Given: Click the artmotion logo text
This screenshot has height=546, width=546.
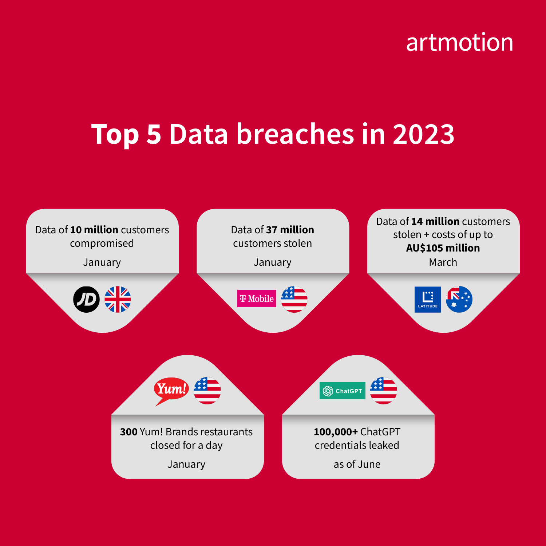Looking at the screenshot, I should click(459, 43).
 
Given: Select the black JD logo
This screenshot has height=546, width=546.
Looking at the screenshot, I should click(86, 299).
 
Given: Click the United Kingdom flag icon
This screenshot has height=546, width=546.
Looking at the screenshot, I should click(118, 299).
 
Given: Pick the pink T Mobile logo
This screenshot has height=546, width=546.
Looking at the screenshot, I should click(257, 298).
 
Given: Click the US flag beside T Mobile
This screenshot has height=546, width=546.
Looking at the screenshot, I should click(294, 299).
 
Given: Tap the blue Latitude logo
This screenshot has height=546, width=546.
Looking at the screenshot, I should click(428, 299).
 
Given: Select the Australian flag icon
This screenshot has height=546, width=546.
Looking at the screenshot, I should click(459, 299).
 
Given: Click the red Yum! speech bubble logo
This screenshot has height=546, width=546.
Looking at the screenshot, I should click(171, 389).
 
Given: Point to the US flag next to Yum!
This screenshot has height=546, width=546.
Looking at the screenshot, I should click(207, 391).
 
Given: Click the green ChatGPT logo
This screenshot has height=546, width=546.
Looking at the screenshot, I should click(342, 391).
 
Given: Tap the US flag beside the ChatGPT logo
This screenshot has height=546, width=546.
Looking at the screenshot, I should click(383, 391).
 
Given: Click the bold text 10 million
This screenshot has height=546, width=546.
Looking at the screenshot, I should click(94, 230).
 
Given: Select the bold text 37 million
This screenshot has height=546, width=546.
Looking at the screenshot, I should click(290, 230).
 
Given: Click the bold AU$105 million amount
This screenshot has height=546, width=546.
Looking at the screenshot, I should click(443, 248).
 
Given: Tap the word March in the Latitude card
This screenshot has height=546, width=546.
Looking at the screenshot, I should click(443, 262).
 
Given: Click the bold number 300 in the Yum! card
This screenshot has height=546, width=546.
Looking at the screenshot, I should click(128, 432).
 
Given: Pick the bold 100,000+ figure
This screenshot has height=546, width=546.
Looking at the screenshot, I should click(336, 432).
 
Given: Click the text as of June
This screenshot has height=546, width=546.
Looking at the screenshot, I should click(357, 464).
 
